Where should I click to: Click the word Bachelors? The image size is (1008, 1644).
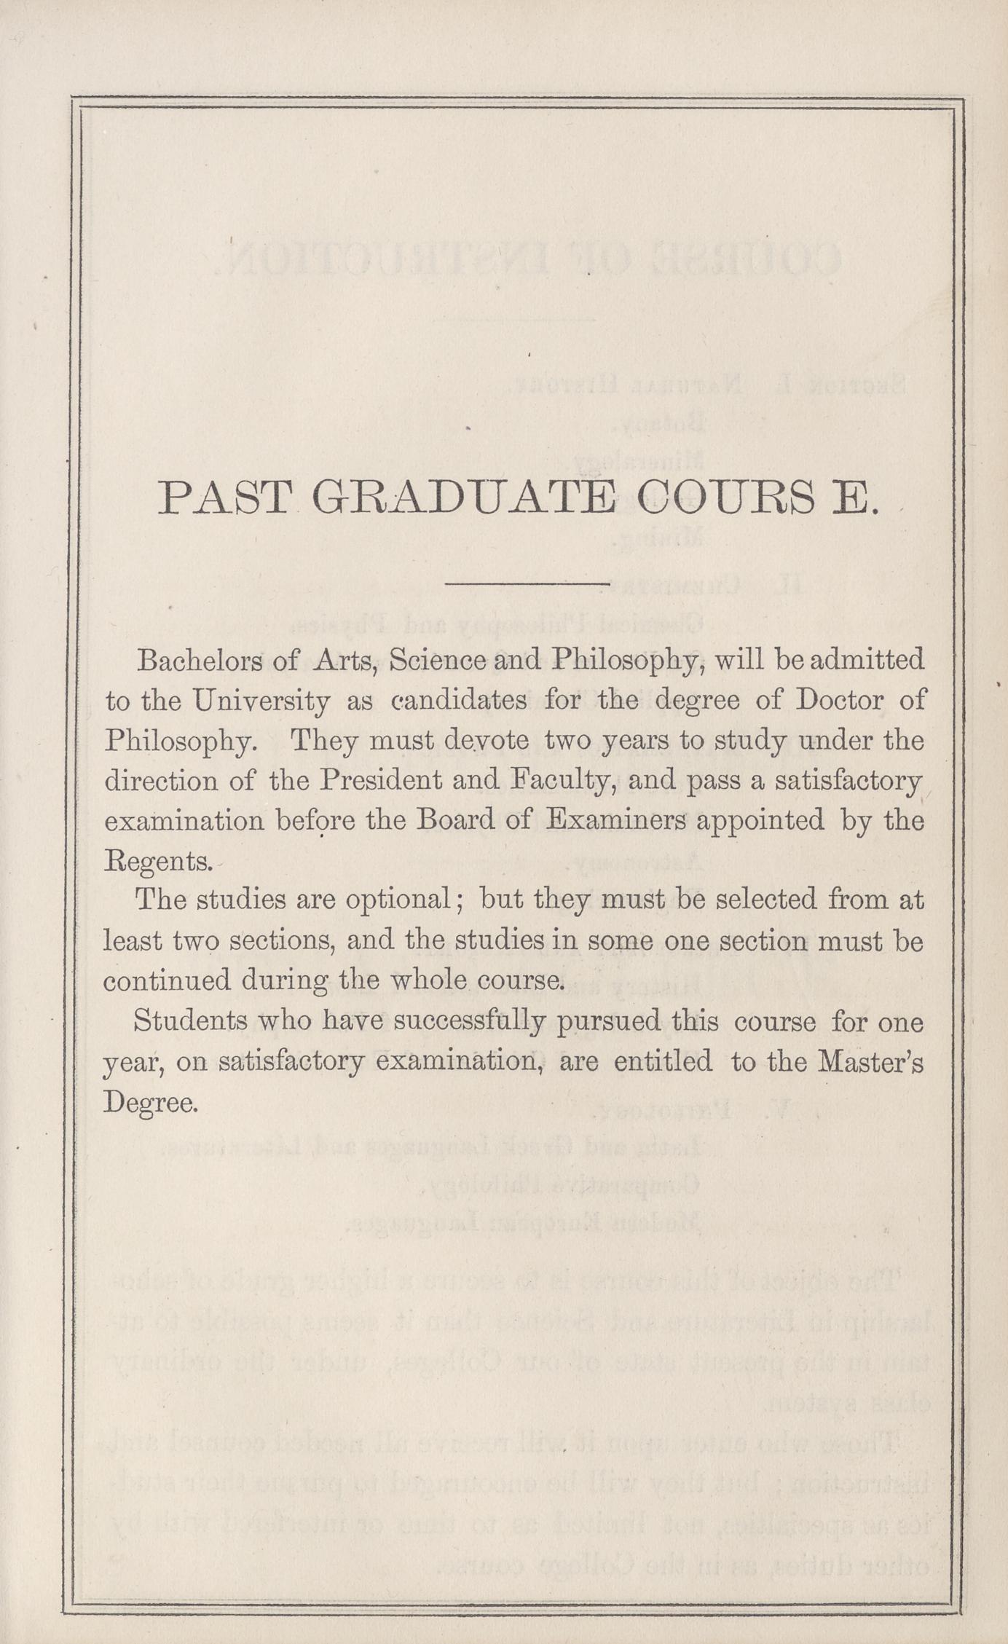coord(197,661)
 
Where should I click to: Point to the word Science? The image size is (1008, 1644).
coord(438,661)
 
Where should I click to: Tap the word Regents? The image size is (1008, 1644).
coord(157,862)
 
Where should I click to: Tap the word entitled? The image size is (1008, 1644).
coord(662,1061)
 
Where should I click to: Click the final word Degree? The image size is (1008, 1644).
coord(149,1102)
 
